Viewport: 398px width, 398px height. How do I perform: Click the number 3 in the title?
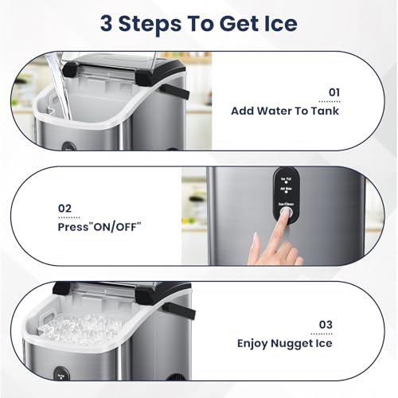tap(109, 22)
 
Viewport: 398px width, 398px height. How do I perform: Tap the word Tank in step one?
tap(325, 111)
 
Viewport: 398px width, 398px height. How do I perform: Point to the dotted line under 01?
tap(330, 102)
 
